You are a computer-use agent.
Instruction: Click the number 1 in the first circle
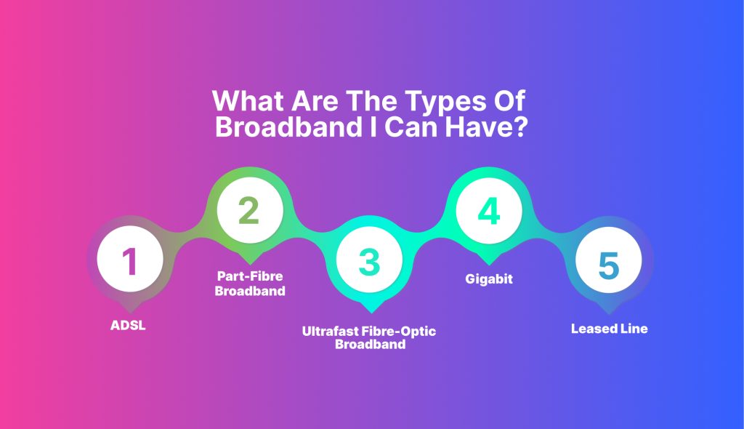(129, 261)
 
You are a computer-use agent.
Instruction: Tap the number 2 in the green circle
(249, 210)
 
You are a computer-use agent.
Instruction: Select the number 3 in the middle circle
(370, 261)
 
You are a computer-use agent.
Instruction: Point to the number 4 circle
(489, 210)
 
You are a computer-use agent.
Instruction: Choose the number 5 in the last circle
(609, 265)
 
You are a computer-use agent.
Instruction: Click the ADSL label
(128, 326)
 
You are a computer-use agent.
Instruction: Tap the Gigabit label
(489, 279)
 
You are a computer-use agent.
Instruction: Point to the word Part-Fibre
(250, 276)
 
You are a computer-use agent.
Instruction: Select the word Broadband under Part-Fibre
(250, 291)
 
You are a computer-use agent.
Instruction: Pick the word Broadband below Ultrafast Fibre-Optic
(370, 344)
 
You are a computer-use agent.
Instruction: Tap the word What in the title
(248, 100)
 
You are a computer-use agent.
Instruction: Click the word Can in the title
(411, 127)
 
